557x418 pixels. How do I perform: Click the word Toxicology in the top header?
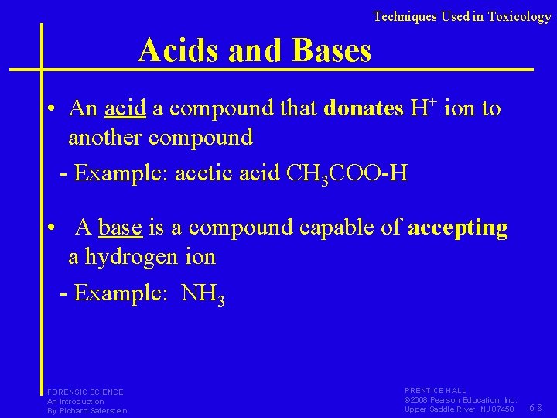pos(519,16)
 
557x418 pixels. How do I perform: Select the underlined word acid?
pos(125,108)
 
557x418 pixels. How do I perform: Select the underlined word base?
pos(120,228)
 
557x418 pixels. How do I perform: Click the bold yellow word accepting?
pos(458,228)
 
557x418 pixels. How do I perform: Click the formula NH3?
pos(203,295)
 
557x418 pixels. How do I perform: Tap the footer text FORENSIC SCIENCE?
pos(85,392)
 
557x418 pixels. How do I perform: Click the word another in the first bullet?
pos(105,138)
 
